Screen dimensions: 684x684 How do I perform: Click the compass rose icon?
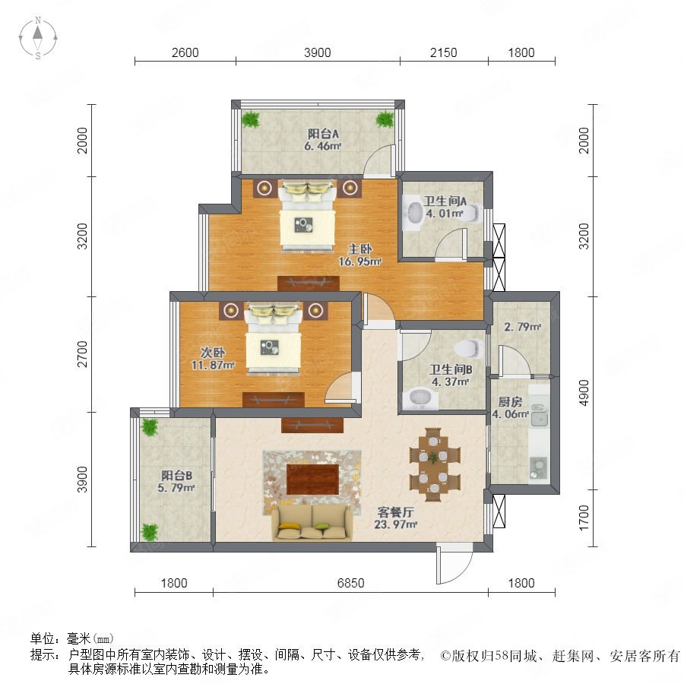pyautogui.click(x=38, y=38)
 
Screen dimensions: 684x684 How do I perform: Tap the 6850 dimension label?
pyautogui.click(x=350, y=583)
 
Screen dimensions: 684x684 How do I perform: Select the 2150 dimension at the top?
pyautogui.click(x=443, y=52)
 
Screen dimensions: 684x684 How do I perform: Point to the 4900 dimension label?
pyautogui.click(x=583, y=393)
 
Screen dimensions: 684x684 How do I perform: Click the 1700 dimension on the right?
pyautogui.click(x=583, y=518)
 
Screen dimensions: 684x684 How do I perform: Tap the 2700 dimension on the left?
pyautogui.click(x=82, y=354)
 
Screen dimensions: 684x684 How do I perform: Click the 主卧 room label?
pyautogui.click(x=360, y=249)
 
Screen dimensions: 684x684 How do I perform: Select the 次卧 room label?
pyautogui.click(x=213, y=352)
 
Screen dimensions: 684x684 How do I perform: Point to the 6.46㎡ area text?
pyautogui.click(x=323, y=146)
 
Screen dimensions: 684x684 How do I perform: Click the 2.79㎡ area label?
pyautogui.click(x=523, y=326)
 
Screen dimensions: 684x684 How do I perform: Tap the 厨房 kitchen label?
pyautogui.click(x=510, y=401)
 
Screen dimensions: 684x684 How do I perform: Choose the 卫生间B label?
pyautogui.click(x=451, y=369)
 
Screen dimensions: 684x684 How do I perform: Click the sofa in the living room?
pyautogui.click(x=312, y=523)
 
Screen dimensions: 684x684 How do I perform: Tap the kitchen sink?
pyautogui.click(x=539, y=414)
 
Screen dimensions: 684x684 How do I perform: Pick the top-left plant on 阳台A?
pyautogui.click(x=251, y=119)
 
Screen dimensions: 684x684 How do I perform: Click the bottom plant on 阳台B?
pyautogui.click(x=150, y=532)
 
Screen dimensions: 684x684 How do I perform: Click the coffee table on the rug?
pyautogui.click(x=312, y=480)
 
